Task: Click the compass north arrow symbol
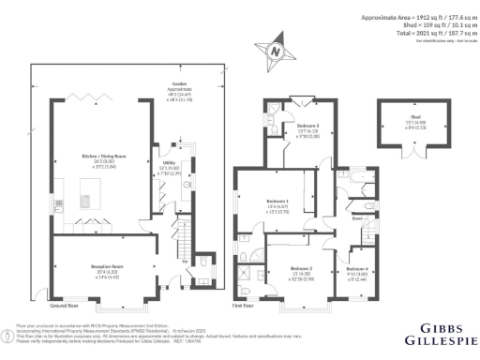pyautogui.click(x=275, y=53)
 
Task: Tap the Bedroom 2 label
pyautogui.click(x=295, y=268)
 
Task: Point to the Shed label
pyautogui.click(x=409, y=119)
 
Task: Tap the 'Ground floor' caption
pyautogui.click(x=64, y=307)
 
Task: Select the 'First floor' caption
pyautogui.click(x=244, y=307)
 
